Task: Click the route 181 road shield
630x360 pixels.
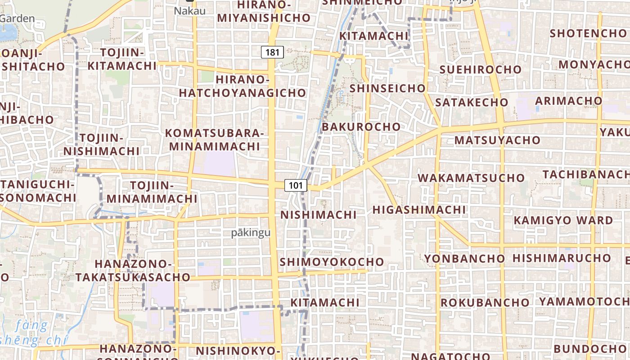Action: click(x=272, y=52)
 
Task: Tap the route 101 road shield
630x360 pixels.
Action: click(x=296, y=185)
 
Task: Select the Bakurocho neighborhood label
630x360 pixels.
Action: click(x=361, y=126)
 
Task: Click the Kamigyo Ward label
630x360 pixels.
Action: click(x=563, y=220)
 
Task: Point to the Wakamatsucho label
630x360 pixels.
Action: click(x=471, y=177)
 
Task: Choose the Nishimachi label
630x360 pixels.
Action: click(x=318, y=215)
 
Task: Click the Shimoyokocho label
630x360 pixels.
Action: click(x=332, y=261)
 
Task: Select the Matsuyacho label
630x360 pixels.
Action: click(x=497, y=140)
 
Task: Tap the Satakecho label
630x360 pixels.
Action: click(x=472, y=102)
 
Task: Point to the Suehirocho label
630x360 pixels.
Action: click(x=480, y=69)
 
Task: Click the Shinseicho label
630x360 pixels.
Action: click(x=387, y=88)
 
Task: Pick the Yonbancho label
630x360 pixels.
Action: click(x=464, y=258)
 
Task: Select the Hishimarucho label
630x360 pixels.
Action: click(x=562, y=258)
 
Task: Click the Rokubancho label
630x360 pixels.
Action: click(x=485, y=302)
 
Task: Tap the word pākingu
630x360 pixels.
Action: click(x=251, y=232)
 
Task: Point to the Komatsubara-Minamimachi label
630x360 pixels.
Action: click(x=214, y=139)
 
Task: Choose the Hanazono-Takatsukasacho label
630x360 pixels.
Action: click(x=133, y=270)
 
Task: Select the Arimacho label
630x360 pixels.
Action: click(x=568, y=100)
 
